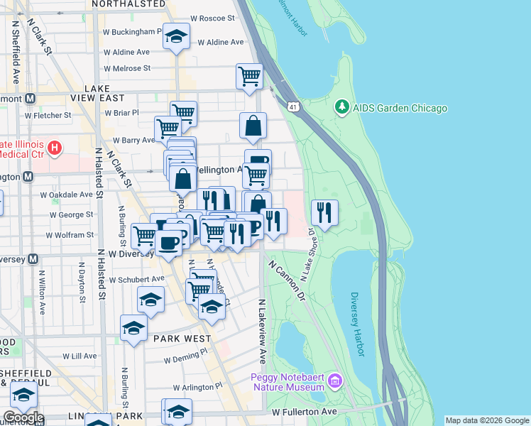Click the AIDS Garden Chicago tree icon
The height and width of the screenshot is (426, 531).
[342, 108]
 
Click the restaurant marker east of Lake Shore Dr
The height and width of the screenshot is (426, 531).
[324, 212]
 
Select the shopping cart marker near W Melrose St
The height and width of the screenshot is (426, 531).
[249, 75]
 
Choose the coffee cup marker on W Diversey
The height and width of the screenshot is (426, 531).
[168, 243]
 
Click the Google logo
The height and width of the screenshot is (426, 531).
[23, 417]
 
